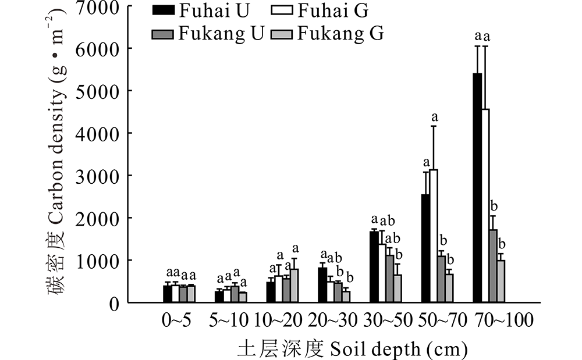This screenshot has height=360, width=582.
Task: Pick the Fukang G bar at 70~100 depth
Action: tap(501, 281)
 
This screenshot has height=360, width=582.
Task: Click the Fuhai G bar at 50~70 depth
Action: tap(434, 236)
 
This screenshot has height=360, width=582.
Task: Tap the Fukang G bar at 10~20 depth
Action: tap(294, 286)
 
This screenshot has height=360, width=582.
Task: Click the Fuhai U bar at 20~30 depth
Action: tap(322, 284)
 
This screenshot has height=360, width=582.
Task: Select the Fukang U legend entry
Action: tap(207, 33)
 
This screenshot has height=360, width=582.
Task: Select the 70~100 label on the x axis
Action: tap(503, 321)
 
